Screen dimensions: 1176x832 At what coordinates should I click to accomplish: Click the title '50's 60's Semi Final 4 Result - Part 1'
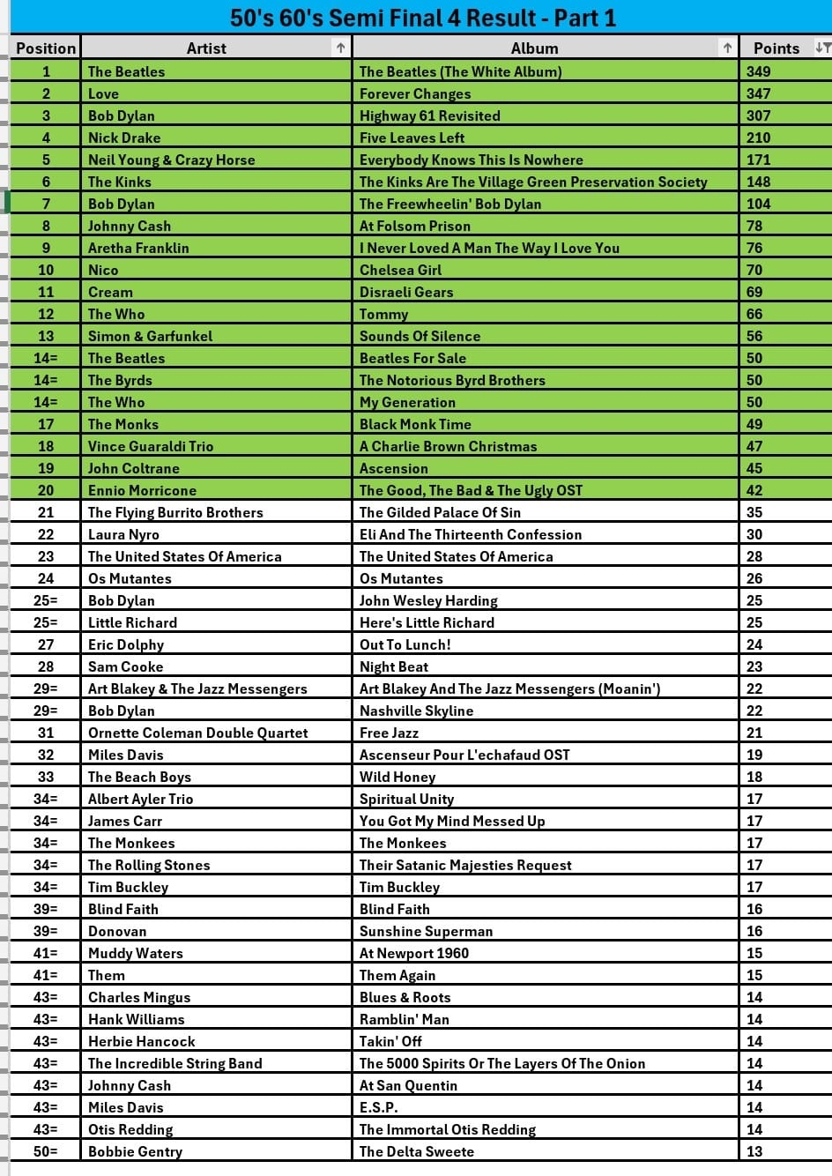point(423,18)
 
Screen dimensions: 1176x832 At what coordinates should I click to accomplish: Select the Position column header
point(46,48)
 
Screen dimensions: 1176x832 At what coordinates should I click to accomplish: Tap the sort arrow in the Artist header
point(341,48)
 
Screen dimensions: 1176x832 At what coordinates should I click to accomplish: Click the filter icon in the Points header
point(822,48)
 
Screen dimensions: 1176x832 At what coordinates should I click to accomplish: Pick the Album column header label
point(534,48)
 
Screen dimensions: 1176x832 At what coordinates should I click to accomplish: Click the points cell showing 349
point(758,71)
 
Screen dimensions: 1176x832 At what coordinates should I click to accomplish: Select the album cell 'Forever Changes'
point(415,93)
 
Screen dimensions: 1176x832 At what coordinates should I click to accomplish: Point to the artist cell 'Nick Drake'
point(124,138)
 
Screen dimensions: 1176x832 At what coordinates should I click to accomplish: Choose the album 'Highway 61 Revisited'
point(429,115)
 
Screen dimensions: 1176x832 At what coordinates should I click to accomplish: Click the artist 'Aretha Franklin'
point(138,248)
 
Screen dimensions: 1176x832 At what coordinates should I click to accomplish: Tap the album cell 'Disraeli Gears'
point(406,292)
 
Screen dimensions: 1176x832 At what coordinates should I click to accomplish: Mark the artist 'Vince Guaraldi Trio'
point(151,446)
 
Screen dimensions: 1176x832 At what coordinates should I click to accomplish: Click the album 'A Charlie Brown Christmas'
point(448,446)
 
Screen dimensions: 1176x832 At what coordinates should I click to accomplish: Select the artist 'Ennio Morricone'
point(142,490)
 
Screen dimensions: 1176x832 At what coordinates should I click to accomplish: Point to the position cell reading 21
point(46,512)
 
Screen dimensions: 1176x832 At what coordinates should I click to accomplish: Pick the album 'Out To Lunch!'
point(405,644)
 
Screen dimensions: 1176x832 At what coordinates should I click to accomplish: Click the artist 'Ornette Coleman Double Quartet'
point(198,733)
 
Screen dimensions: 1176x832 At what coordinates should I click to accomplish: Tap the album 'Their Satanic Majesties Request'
point(465,865)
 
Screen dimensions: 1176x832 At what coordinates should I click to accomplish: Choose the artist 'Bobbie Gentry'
point(135,1151)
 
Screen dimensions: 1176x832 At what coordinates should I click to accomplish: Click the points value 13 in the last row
point(754,1151)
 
